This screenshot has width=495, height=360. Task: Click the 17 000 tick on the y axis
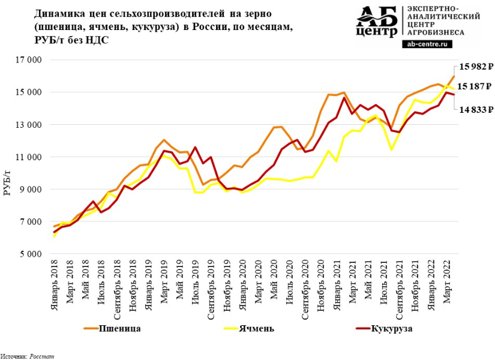pos(29,60)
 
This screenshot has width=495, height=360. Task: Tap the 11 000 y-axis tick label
pos(29,157)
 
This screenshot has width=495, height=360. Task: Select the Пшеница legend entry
pos(119,329)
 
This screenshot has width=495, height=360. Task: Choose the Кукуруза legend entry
pos(392,329)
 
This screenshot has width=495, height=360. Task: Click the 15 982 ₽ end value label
pos(476,67)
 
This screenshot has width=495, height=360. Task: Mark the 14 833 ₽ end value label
pos(476,109)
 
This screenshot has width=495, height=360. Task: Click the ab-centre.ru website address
pos(431,43)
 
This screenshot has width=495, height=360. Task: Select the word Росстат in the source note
pos(43,356)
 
